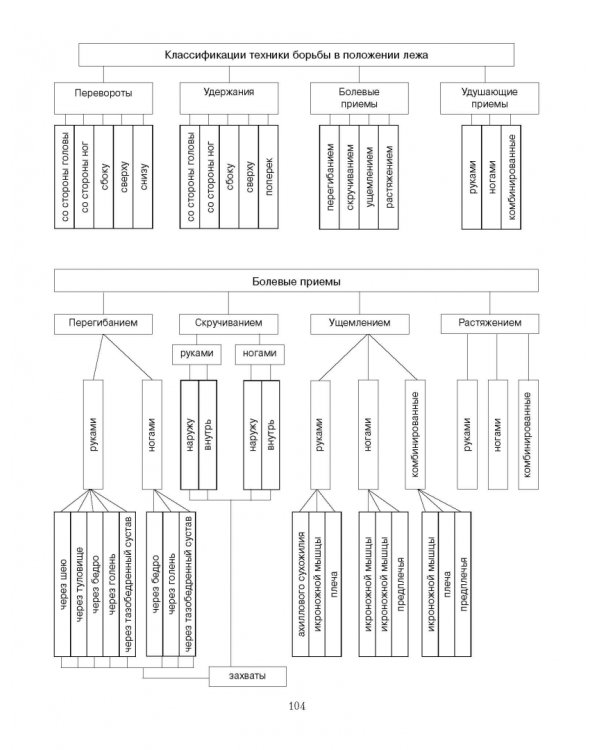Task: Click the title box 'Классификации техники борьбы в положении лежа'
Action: (x=296, y=55)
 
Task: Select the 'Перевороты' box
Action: (x=103, y=98)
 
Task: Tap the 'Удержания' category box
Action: (x=229, y=98)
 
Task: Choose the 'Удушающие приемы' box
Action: (x=489, y=98)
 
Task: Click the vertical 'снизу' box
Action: (x=143, y=177)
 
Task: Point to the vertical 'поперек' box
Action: (x=268, y=177)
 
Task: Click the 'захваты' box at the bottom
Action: (x=248, y=676)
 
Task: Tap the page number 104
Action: (x=297, y=706)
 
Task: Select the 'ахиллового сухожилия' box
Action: (x=300, y=584)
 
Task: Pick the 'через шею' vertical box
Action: (x=62, y=584)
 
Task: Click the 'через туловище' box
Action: (x=79, y=584)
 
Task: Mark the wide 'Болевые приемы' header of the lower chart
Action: (x=296, y=281)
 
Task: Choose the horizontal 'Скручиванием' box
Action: (x=229, y=324)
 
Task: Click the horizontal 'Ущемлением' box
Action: (x=360, y=324)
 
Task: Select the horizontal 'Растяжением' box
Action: (x=489, y=324)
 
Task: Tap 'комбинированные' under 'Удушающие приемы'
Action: (x=511, y=177)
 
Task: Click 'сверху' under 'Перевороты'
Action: (x=123, y=177)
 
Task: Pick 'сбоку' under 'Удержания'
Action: (x=229, y=177)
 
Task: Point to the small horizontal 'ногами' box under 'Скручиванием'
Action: (x=260, y=354)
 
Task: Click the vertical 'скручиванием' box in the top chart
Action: (x=349, y=177)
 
